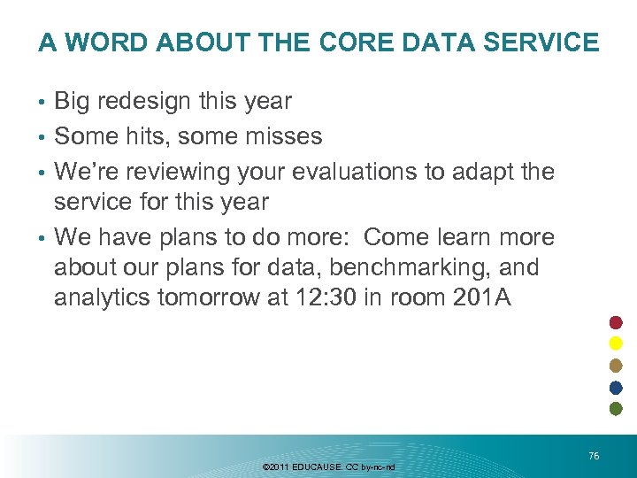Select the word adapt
coord(483,170)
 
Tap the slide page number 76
coord(594,455)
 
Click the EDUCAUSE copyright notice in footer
coord(329,466)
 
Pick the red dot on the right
coord(616,322)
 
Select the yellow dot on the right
coord(616,343)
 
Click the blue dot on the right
coord(616,387)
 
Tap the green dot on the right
coord(616,408)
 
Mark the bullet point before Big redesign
coord(42,103)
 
